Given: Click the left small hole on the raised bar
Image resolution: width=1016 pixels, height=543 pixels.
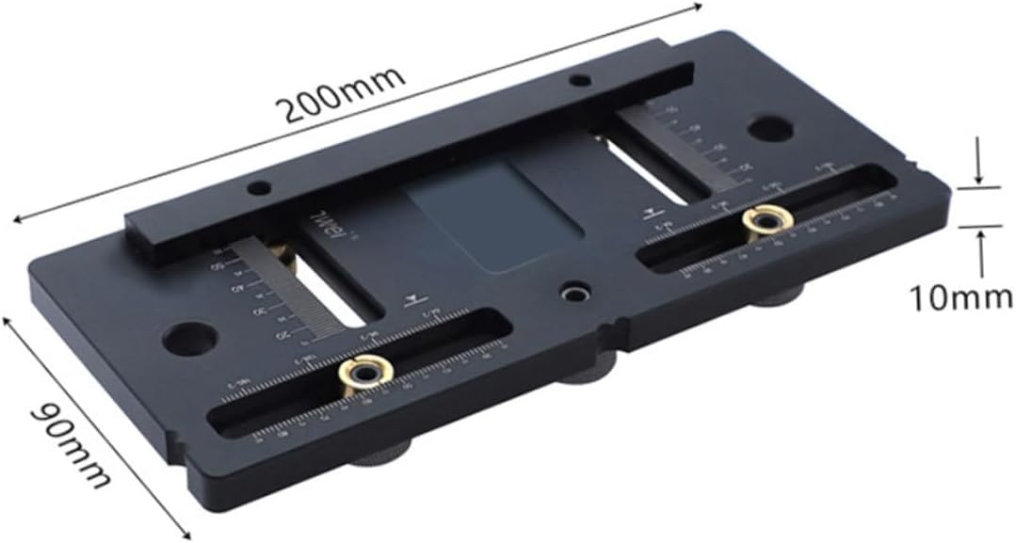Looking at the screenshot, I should pos(255,188).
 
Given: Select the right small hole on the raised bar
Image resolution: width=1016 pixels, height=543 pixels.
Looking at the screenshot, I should pos(581,81).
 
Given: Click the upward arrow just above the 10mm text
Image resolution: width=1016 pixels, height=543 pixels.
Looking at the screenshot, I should pos(981,243).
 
